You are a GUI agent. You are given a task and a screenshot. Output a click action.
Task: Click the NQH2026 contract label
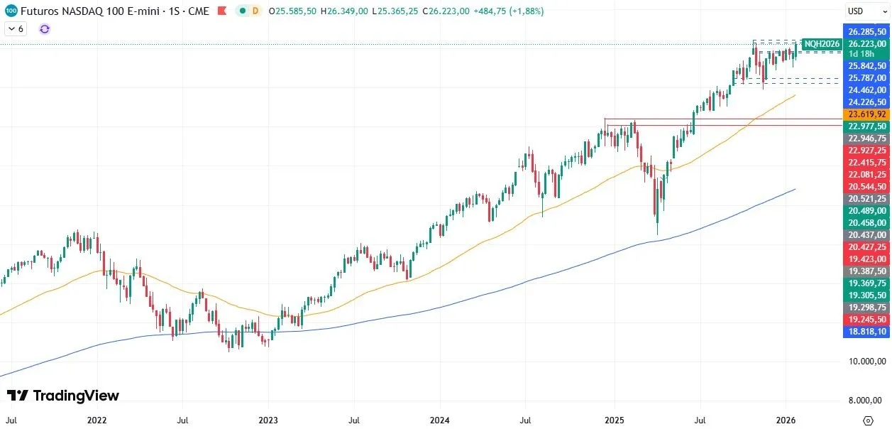tap(822, 44)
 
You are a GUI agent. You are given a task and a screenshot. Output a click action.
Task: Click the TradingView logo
tap(63, 396)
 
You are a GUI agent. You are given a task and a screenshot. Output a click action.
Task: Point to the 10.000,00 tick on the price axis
tap(867, 362)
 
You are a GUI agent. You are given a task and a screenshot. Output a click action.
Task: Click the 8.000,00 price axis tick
tap(867, 401)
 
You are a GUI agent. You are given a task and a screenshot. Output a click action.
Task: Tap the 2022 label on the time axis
tap(97, 420)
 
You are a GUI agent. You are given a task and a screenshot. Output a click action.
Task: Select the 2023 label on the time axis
tap(268, 420)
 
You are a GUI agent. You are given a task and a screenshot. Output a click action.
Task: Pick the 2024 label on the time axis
tap(439, 420)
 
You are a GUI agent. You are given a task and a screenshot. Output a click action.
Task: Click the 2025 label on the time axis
tap(615, 420)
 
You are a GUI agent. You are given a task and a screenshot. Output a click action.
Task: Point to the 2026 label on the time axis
tap(786, 420)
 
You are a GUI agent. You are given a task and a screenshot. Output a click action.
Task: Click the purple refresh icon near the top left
tap(45, 29)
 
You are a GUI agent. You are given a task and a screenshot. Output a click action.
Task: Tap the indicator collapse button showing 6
tap(16, 29)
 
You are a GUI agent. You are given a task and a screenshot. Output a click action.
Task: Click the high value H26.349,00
tap(348, 11)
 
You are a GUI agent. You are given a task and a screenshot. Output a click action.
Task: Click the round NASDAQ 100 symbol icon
tap(11, 11)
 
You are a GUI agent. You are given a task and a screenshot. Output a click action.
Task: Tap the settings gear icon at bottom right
tap(868, 420)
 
